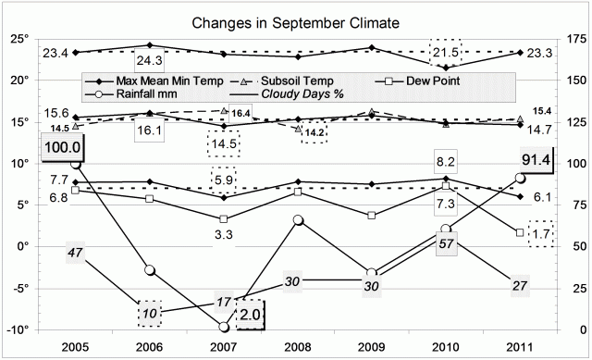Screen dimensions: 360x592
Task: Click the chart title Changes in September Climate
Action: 296,21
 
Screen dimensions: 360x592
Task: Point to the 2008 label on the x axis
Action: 298,349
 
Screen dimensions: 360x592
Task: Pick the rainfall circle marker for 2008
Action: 298,220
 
